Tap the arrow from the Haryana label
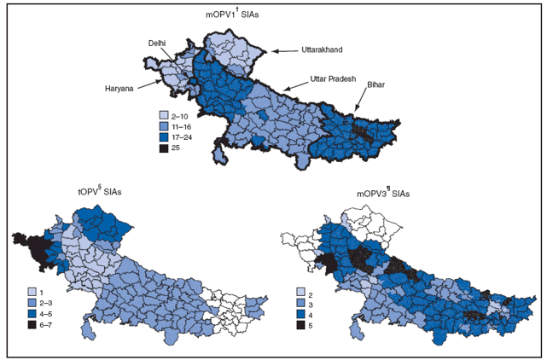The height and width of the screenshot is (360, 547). pos(150,84)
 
